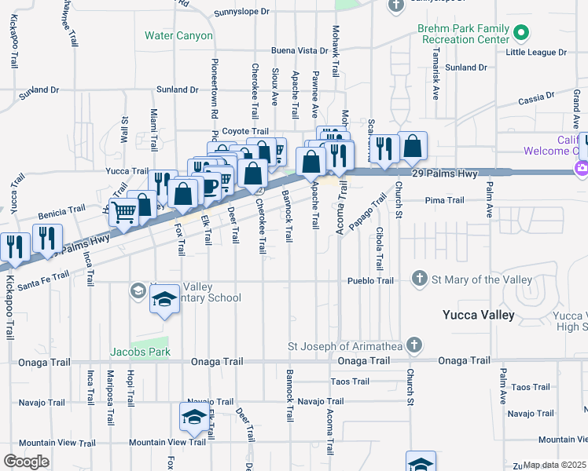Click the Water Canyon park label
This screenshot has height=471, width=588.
[178, 35]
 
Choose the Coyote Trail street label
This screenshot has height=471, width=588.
[245, 131]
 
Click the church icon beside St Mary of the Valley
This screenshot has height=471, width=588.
[420, 279]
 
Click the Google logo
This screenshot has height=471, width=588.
[26, 462]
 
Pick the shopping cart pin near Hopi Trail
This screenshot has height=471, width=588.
[123, 212]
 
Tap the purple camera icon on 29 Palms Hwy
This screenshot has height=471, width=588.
[582, 167]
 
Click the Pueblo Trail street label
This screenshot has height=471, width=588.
[371, 280]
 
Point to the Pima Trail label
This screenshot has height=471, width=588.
[423, 200]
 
